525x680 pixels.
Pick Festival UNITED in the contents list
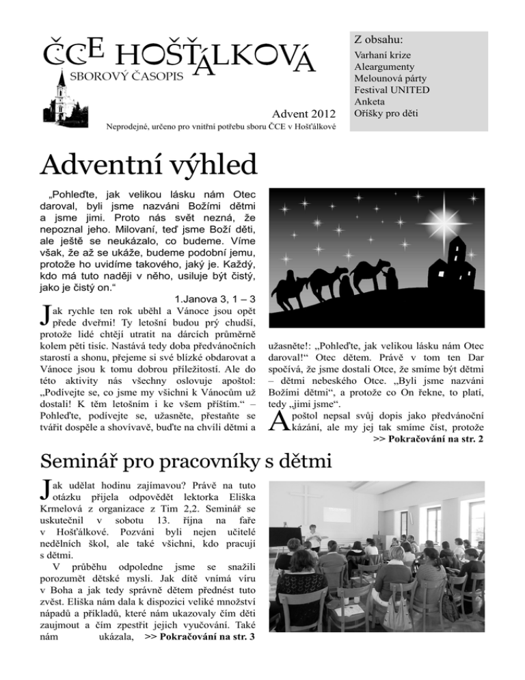(x=392, y=90)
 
